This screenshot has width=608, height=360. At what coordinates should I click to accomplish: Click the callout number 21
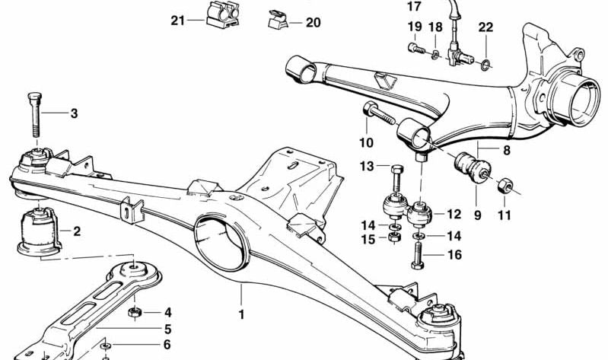click(177, 21)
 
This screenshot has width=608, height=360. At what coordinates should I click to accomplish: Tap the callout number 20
click(314, 23)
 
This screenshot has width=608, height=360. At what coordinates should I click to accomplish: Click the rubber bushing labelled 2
click(38, 228)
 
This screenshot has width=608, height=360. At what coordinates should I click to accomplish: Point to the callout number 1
click(241, 313)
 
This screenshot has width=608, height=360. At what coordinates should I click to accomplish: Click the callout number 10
click(366, 142)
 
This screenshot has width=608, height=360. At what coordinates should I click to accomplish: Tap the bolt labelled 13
click(395, 180)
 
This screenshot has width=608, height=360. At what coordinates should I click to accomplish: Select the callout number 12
click(454, 215)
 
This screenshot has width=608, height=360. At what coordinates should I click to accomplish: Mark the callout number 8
click(485, 151)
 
